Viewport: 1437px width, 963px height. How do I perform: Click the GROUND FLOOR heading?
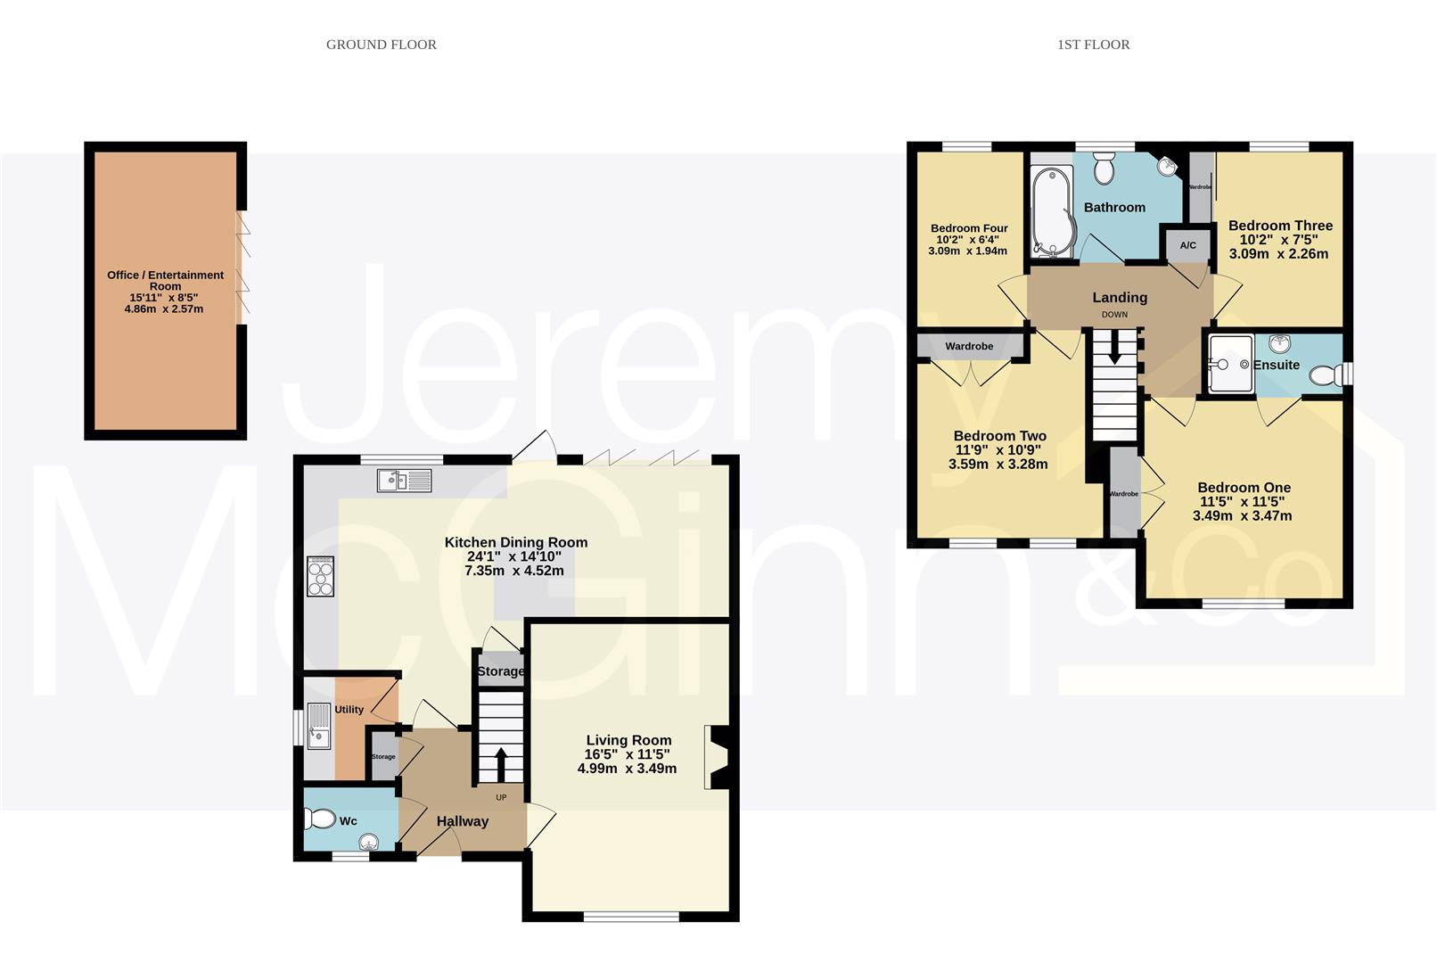click(x=381, y=45)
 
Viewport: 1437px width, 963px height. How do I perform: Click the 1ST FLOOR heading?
click(x=1093, y=45)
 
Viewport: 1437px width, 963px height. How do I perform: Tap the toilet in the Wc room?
click(x=319, y=819)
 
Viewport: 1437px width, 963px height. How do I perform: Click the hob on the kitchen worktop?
click(x=320, y=576)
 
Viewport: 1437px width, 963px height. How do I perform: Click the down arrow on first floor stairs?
click(x=1114, y=347)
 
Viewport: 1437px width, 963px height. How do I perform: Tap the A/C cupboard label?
click(x=1187, y=245)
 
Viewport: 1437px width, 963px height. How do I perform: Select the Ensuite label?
click(x=1276, y=365)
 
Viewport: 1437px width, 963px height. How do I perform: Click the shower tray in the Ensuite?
click(x=1230, y=364)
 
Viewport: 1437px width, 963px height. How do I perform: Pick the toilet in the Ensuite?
click(x=1326, y=376)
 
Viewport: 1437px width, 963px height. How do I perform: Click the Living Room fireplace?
click(x=718, y=757)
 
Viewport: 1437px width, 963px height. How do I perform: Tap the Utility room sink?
click(x=318, y=727)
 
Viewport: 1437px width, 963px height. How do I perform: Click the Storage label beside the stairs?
click(x=500, y=671)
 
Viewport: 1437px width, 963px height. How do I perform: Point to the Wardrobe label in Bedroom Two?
click(x=969, y=346)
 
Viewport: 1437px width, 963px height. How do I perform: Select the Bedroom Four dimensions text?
click(x=967, y=245)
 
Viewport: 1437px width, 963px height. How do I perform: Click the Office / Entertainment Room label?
click(x=165, y=280)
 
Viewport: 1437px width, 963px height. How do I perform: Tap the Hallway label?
click(x=462, y=821)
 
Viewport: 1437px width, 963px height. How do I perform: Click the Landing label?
click(x=1120, y=297)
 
